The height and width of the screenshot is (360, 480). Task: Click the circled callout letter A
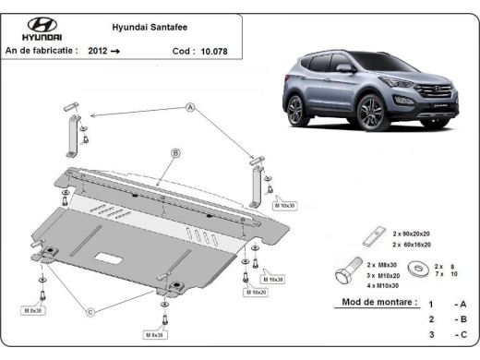click(191, 108)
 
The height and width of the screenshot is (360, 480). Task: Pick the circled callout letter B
click(175, 151)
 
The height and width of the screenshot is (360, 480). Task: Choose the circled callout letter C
click(90, 312)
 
